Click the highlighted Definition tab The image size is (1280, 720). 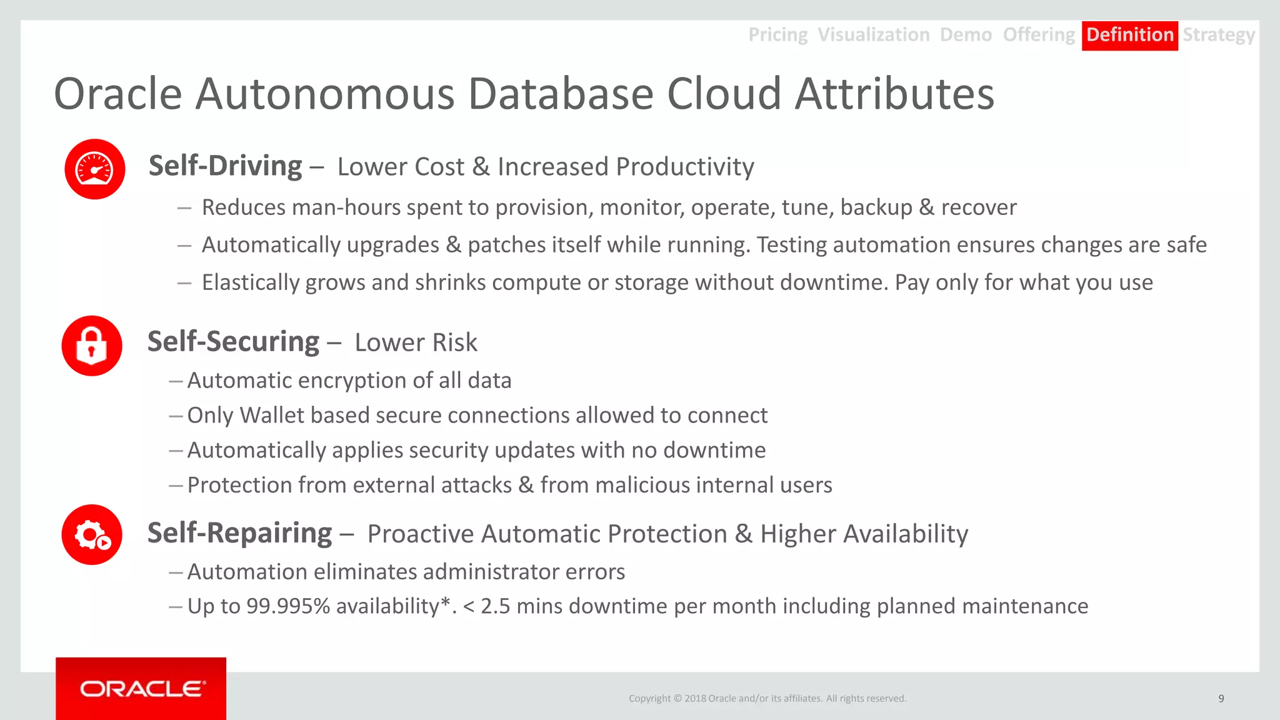point(1129,35)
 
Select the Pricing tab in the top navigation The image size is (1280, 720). point(777,35)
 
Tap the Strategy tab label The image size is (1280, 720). point(1218,35)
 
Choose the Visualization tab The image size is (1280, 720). point(873,35)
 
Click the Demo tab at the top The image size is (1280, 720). point(966,35)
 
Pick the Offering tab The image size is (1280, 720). point(1038,35)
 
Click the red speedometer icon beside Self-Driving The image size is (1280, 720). point(95,169)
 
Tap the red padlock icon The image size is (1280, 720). point(92,346)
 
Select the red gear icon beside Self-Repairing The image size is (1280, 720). point(92,535)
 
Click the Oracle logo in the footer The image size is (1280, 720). point(141,689)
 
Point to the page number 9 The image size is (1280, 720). point(1221,698)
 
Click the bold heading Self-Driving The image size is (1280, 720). point(225,166)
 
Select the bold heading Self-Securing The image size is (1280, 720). point(233,342)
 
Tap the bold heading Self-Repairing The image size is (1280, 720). point(239,533)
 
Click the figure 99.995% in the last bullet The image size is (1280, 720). point(288,606)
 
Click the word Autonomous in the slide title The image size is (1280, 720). point(325,94)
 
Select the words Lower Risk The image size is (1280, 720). point(416,342)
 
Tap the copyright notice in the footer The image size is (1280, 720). point(767,698)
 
